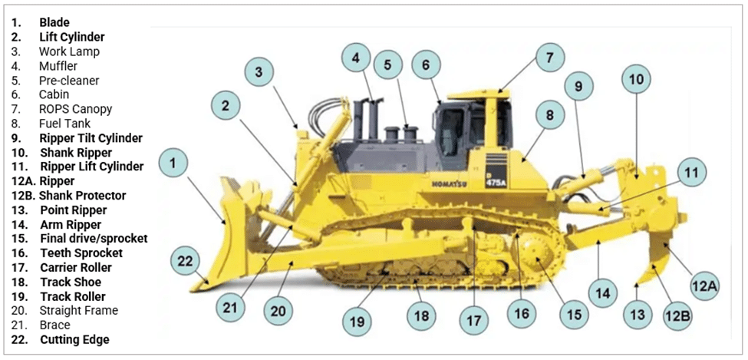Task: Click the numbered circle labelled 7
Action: pos(549,58)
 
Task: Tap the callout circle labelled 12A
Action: pos(704,286)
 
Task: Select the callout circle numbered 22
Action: pos(185,261)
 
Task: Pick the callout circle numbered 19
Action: pos(357,322)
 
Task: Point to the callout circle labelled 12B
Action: pos(677,315)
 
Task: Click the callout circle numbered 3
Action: pos(259,71)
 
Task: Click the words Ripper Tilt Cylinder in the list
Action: pos(91,138)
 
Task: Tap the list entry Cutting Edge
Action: pos(74,339)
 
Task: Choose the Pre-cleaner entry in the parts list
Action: pos(69,80)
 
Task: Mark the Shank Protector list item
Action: pos(83,196)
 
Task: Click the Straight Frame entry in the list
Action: pos(79,310)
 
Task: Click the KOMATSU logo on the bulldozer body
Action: pos(449,184)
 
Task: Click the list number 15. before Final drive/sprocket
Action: pos(18,239)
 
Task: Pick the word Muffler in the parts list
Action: pos(58,66)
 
